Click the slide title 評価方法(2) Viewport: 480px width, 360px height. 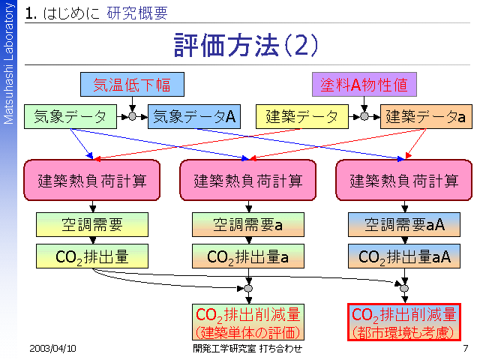click(x=245, y=45)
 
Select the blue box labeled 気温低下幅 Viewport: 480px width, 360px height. click(x=131, y=84)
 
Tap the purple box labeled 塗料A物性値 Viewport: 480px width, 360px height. click(x=364, y=84)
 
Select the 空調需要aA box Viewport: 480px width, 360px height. click(x=405, y=223)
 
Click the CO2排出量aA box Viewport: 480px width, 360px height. click(x=405, y=256)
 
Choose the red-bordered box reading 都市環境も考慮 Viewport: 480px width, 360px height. click(x=405, y=322)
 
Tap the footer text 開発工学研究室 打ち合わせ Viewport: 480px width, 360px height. click(x=247, y=349)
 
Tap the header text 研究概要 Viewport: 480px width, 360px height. click(x=137, y=13)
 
